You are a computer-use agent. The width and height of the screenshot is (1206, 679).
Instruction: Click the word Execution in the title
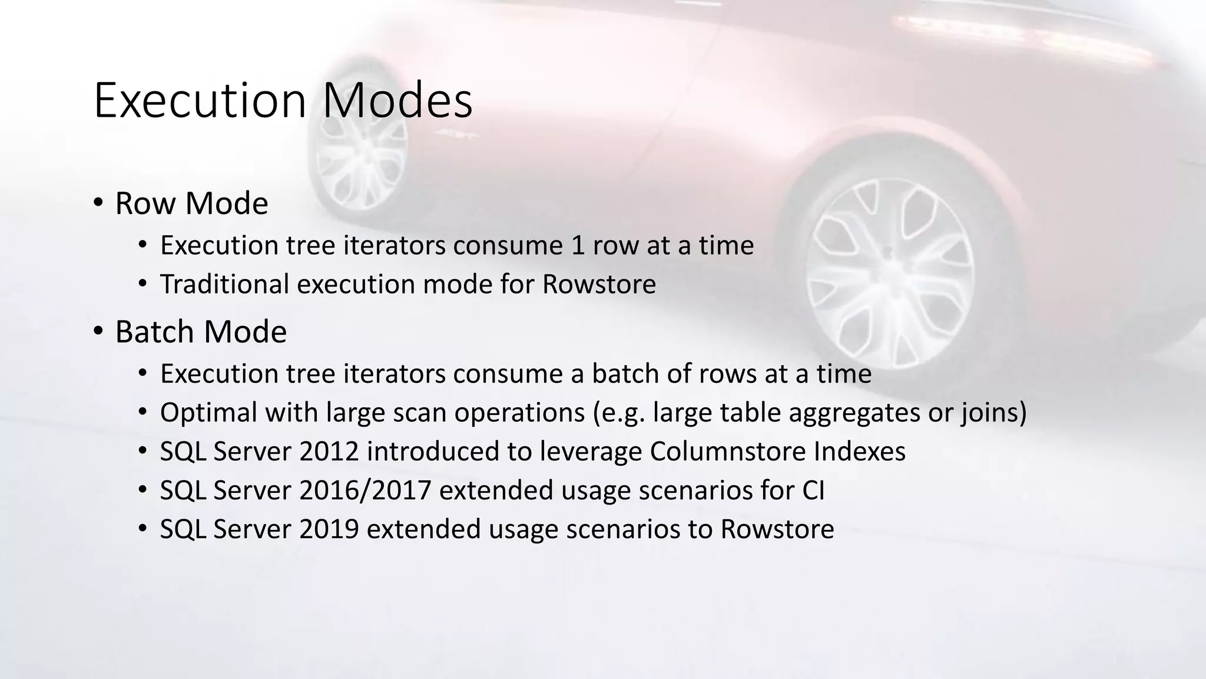coord(200,101)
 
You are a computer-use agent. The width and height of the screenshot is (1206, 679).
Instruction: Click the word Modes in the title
coord(397,101)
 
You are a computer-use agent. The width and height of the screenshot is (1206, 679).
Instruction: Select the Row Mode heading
coord(191,203)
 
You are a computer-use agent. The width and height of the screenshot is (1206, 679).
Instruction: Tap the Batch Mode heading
coord(201,332)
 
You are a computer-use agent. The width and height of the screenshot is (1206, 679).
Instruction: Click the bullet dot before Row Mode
coord(98,203)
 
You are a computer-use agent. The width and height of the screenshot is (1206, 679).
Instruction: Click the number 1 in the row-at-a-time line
coord(578,246)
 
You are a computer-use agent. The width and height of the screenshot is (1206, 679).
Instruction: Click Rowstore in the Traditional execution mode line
coord(599,284)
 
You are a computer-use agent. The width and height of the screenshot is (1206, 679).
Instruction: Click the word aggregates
coord(854,413)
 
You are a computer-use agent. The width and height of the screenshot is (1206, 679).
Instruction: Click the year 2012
coord(329,451)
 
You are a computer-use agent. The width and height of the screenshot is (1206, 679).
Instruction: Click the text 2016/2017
coord(365,490)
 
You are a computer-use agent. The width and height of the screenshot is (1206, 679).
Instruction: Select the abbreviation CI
coord(813,490)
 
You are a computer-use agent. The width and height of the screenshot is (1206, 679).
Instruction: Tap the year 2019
coord(329,529)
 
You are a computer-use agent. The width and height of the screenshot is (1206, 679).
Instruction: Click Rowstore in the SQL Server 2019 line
coord(777,529)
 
